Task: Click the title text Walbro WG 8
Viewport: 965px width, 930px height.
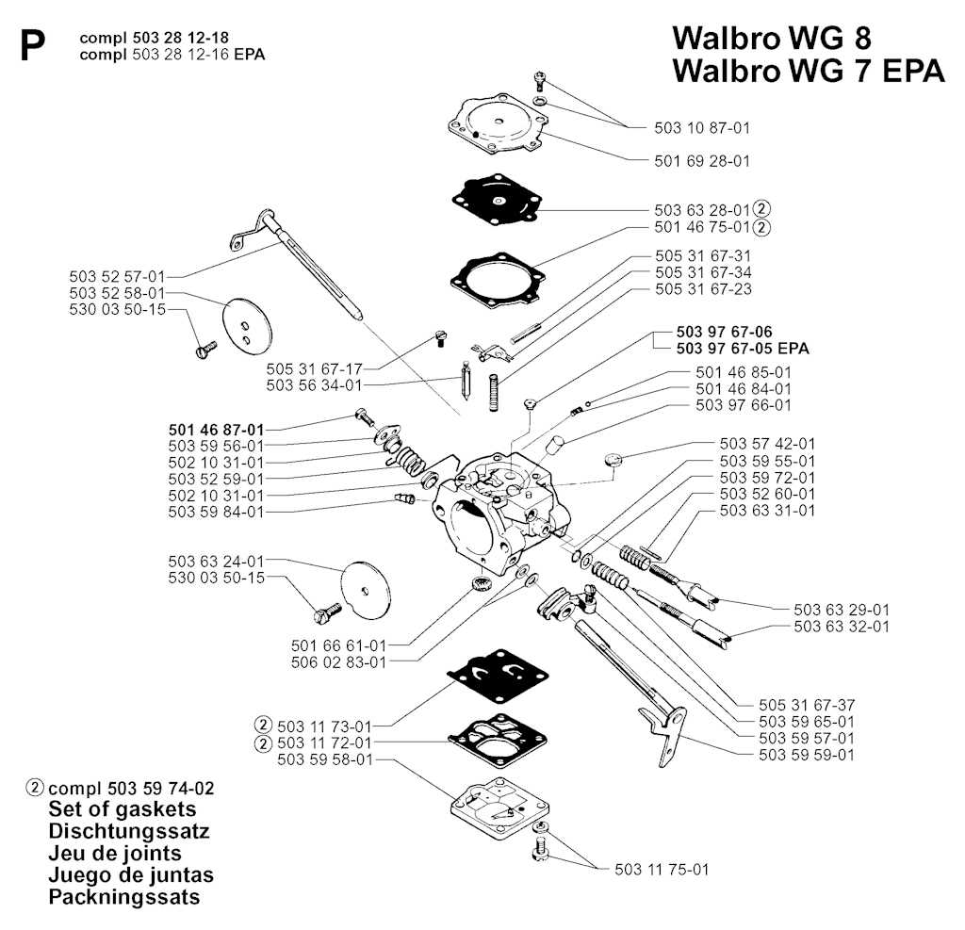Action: click(x=771, y=39)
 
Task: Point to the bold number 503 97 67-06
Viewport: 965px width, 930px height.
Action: click(x=724, y=332)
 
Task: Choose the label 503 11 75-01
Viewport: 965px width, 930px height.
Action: click(x=661, y=869)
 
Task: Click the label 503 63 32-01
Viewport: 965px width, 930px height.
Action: click(x=842, y=627)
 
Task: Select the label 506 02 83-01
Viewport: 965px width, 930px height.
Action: click(x=338, y=662)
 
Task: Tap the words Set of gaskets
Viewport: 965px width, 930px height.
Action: click(x=122, y=808)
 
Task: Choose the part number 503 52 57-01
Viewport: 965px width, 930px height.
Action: click(x=117, y=276)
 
